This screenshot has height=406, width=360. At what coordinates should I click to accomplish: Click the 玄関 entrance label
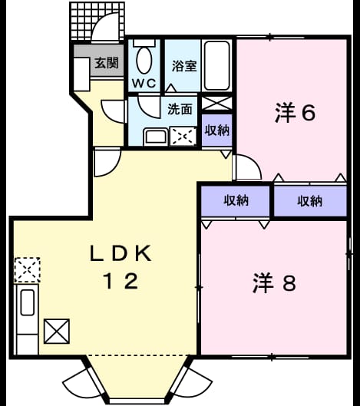pyautogui.click(x=107, y=63)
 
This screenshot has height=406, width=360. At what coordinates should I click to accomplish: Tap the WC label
pyautogui.click(x=144, y=83)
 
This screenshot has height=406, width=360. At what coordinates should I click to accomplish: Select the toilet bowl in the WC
pyautogui.click(x=144, y=61)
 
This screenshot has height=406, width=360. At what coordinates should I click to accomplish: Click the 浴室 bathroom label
pyautogui.click(x=184, y=66)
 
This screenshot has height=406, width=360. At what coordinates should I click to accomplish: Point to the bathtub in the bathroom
pyautogui.click(x=216, y=65)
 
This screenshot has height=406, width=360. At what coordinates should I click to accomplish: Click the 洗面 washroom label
pyautogui.click(x=180, y=109)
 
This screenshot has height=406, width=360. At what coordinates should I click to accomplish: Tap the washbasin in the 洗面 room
pyautogui.click(x=156, y=137)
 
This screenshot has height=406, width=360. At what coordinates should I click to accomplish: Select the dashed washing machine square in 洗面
pyautogui.click(x=183, y=136)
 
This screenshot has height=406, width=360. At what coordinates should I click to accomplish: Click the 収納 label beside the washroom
pyautogui.click(x=217, y=130)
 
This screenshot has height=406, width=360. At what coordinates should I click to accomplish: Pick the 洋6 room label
pyautogui.click(x=296, y=113)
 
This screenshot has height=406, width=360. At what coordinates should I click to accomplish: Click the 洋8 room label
pyautogui.click(x=274, y=282)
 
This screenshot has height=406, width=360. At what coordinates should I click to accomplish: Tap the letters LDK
pyautogui.click(x=121, y=253)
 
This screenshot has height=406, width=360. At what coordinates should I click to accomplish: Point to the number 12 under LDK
pyautogui.click(x=121, y=281)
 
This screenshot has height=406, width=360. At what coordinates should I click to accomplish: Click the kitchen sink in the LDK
pyautogui.click(x=28, y=302)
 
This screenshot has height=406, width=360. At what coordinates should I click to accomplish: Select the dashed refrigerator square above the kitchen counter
pyautogui.click(x=27, y=270)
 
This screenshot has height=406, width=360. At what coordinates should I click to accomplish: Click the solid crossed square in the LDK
pyautogui.click(x=57, y=331)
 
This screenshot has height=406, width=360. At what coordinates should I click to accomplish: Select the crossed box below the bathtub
pyautogui.click(x=216, y=103)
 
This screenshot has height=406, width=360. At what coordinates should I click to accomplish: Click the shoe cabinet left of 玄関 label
pyautogui.click(x=81, y=74)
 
